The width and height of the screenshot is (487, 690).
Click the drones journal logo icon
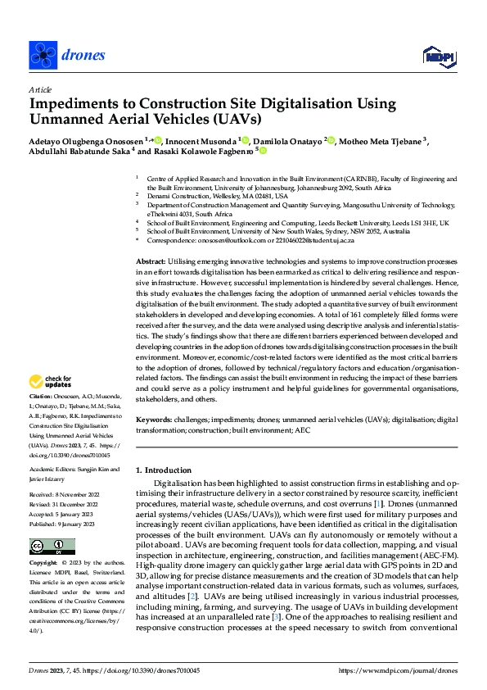click(42, 55)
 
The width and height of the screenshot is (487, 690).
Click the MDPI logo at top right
click(436, 55)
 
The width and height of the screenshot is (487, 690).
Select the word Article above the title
click(40, 89)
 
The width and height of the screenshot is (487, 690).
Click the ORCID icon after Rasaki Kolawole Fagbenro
click(264, 151)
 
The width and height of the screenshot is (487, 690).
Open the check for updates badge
click(49, 382)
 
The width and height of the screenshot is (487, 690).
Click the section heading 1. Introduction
click(164, 470)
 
